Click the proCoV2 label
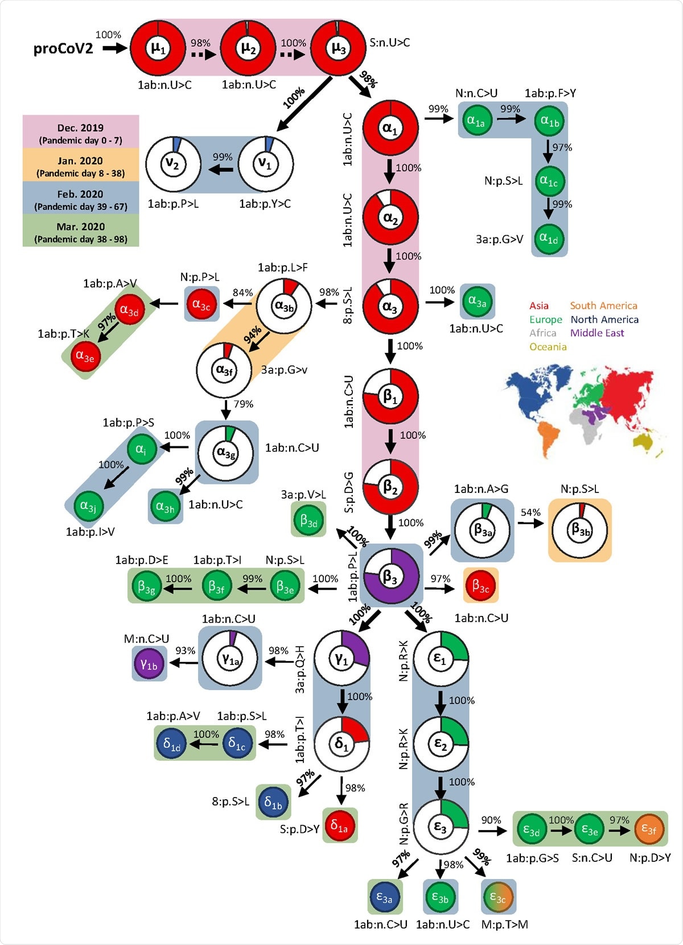pyautogui.click(x=63, y=49)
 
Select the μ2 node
pyautogui.click(x=248, y=48)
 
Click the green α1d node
pyautogui.click(x=549, y=239)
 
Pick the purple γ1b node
pyautogui.click(x=149, y=664)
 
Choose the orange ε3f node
pyautogui.click(x=649, y=829)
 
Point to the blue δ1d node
pyautogui.click(x=172, y=743)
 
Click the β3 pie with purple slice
pyautogui.click(x=390, y=576)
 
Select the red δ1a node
pyautogui.click(x=340, y=825)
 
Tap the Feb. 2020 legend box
pyautogui.click(x=81, y=199)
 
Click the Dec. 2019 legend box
pyautogui.click(x=81, y=133)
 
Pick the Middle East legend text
pyautogui.click(x=597, y=333)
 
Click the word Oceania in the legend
pyautogui.click(x=548, y=347)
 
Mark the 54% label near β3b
pyautogui.click(x=530, y=512)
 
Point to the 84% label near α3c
pyautogui.click(x=242, y=293)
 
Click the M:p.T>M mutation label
pyautogui.click(x=504, y=925)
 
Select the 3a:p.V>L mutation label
pyautogui.click(x=303, y=495)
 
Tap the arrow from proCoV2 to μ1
pyautogui.click(x=114, y=48)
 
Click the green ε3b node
pyautogui.click(x=440, y=897)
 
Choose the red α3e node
pyautogui.click(x=85, y=357)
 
